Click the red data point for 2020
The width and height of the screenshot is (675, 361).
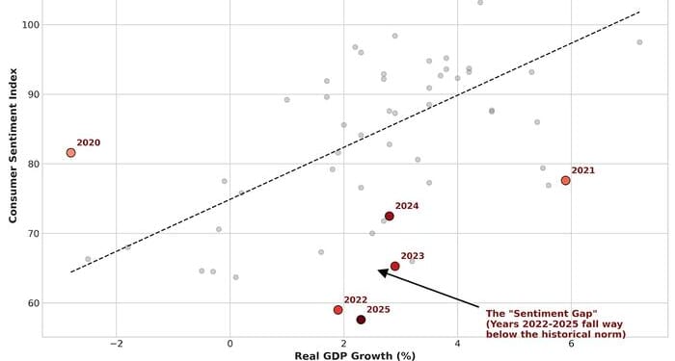pos(70,152)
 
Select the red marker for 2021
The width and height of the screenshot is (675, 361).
pos(565,180)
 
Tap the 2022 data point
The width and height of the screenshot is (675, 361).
pos(337,310)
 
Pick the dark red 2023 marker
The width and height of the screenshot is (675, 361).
pos(394,267)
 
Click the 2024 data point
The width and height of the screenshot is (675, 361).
pos(389,217)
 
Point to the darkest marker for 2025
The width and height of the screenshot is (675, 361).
pos(361,320)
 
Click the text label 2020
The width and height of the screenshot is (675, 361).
pos(89,142)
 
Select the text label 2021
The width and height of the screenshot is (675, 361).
pos(582,170)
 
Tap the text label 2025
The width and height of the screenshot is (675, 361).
pos(378,309)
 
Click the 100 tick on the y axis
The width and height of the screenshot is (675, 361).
pos(26,25)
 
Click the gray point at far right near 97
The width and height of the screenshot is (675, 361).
pos(639,42)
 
